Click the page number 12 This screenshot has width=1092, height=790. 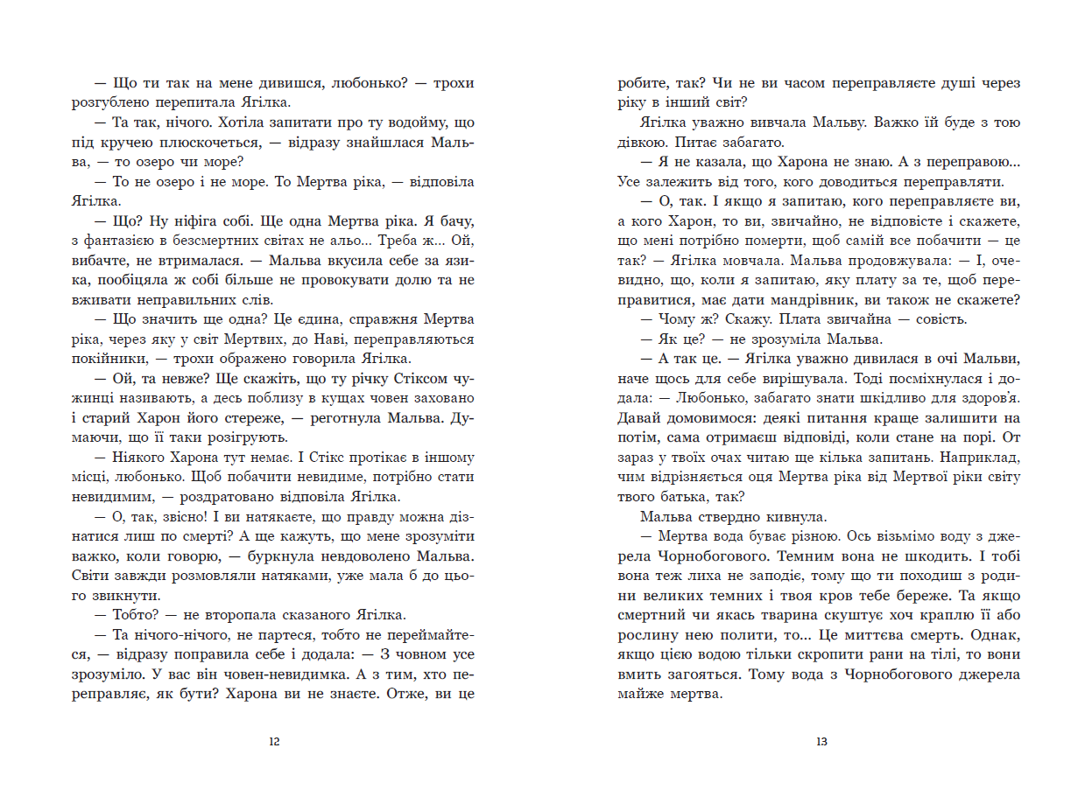click(274, 742)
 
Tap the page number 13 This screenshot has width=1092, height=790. click(821, 742)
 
